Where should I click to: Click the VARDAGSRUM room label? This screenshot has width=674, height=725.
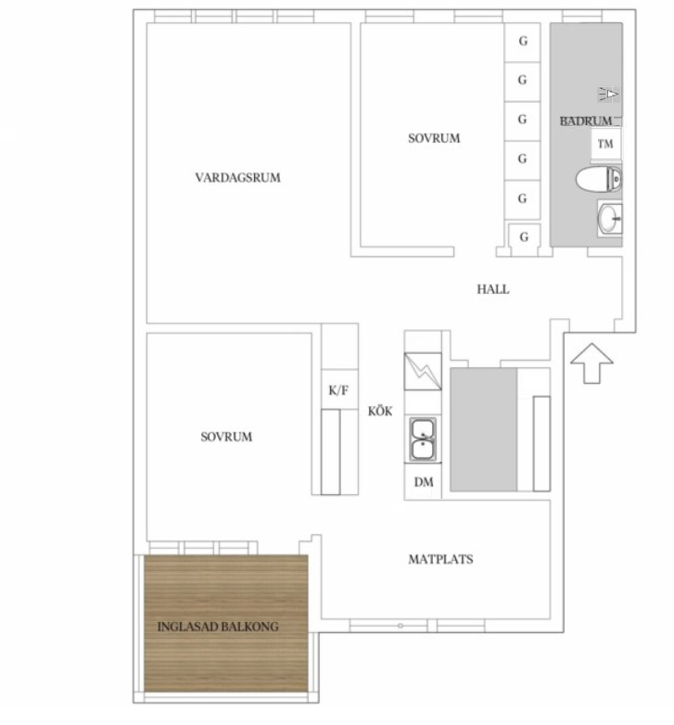[x=237, y=178]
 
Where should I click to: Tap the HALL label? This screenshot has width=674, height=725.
[x=493, y=289]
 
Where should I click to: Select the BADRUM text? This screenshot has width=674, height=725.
[x=586, y=121]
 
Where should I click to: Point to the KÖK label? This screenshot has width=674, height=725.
[x=380, y=411]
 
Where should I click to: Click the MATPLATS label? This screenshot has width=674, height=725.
[x=440, y=559]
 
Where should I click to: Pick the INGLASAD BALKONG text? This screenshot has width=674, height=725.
[x=218, y=627]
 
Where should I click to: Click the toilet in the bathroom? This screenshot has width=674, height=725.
[x=599, y=179]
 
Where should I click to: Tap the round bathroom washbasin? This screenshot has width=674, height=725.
[x=610, y=218]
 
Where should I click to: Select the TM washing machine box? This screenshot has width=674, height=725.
[x=605, y=144]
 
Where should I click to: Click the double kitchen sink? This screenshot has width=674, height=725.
[x=424, y=439]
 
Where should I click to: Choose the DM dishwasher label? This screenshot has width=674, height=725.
[x=424, y=482]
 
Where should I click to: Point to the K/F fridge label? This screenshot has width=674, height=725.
[x=338, y=390]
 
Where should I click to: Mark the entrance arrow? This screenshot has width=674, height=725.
[x=591, y=363]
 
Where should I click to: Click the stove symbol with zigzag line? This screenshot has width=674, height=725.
[x=423, y=372]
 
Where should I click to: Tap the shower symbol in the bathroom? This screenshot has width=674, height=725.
[x=609, y=95]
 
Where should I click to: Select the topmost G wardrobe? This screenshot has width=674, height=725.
[x=522, y=42]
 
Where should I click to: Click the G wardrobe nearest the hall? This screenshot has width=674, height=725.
[x=524, y=239]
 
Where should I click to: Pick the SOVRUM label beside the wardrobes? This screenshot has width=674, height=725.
[x=434, y=138]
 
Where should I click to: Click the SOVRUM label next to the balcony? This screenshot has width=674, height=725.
[x=226, y=437]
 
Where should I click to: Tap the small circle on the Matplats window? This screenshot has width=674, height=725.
[x=401, y=626]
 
